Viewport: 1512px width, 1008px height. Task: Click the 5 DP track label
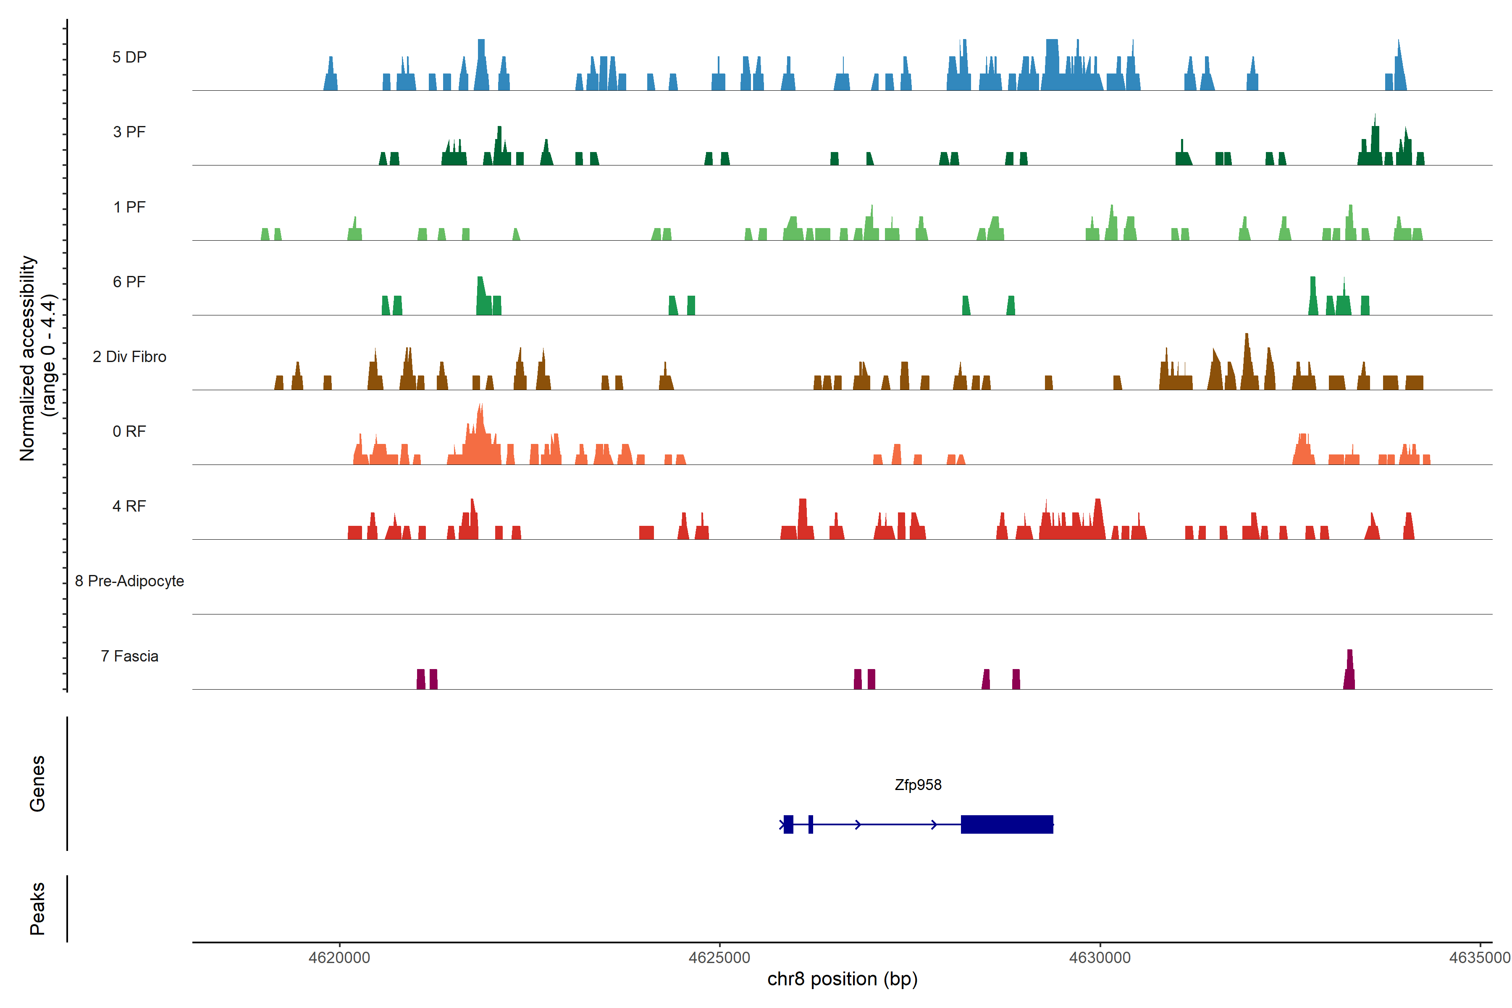(x=129, y=57)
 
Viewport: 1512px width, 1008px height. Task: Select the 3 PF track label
(x=129, y=132)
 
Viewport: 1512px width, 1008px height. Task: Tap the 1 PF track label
(x=129, y=207)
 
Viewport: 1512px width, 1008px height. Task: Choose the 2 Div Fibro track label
(x=129, y=357)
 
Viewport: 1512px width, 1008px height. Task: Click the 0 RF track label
(x=129, y=431)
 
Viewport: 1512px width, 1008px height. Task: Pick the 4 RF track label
(x=129, y=506)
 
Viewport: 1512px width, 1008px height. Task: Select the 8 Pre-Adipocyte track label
(x=129, y=581)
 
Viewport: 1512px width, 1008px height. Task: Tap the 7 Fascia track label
(x=129, y=656)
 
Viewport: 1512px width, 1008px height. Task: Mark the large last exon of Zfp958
(x=1007, y=824)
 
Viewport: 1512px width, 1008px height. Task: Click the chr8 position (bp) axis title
(x=842, y=979)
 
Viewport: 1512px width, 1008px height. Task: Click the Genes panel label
(x=37, y=784)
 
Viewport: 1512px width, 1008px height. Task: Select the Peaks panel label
(x=37, y=908)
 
